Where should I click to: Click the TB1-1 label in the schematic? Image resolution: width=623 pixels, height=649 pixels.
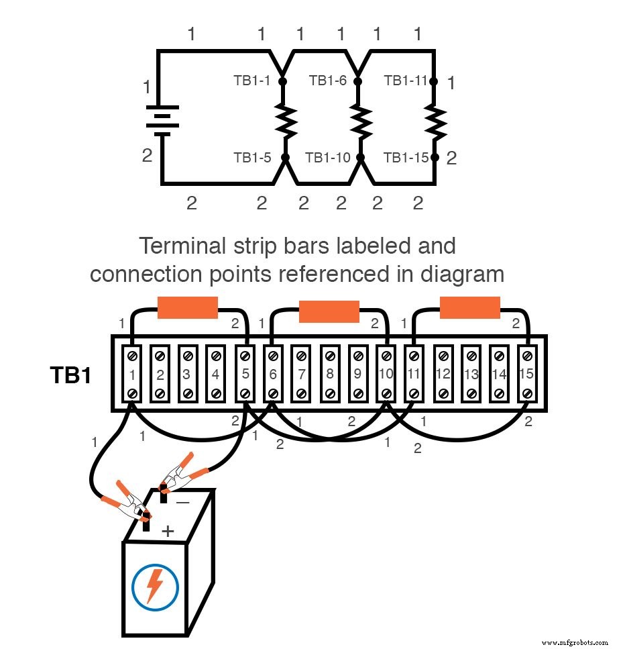(251, 81)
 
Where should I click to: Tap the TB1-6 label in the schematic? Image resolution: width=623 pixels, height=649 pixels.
(328, 81)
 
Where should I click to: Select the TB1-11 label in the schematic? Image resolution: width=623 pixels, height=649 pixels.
(405, 81)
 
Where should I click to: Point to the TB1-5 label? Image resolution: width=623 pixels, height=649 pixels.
(252, 158)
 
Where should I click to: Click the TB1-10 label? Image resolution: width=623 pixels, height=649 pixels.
(328, 158)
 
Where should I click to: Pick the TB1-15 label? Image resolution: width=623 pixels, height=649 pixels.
(405, 158)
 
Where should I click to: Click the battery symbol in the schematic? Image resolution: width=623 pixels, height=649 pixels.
(161, 120)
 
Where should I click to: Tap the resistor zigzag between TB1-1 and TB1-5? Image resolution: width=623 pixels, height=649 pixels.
(285, 120)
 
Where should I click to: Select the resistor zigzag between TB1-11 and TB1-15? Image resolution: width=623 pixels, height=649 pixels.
(435, 120)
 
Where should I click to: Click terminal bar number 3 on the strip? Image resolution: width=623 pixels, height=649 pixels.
(187, 375)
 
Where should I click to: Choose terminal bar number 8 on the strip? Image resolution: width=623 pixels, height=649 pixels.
(329, 375)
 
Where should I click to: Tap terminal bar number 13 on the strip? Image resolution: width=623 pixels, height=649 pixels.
(471, 375)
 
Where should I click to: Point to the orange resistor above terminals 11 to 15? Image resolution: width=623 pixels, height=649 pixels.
(469, 308)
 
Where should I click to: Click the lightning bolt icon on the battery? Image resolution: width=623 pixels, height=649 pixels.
(155, 585)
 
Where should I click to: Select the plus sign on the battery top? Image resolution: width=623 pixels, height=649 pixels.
(168, 531)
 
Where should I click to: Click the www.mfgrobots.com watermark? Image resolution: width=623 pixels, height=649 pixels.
(574, 642)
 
